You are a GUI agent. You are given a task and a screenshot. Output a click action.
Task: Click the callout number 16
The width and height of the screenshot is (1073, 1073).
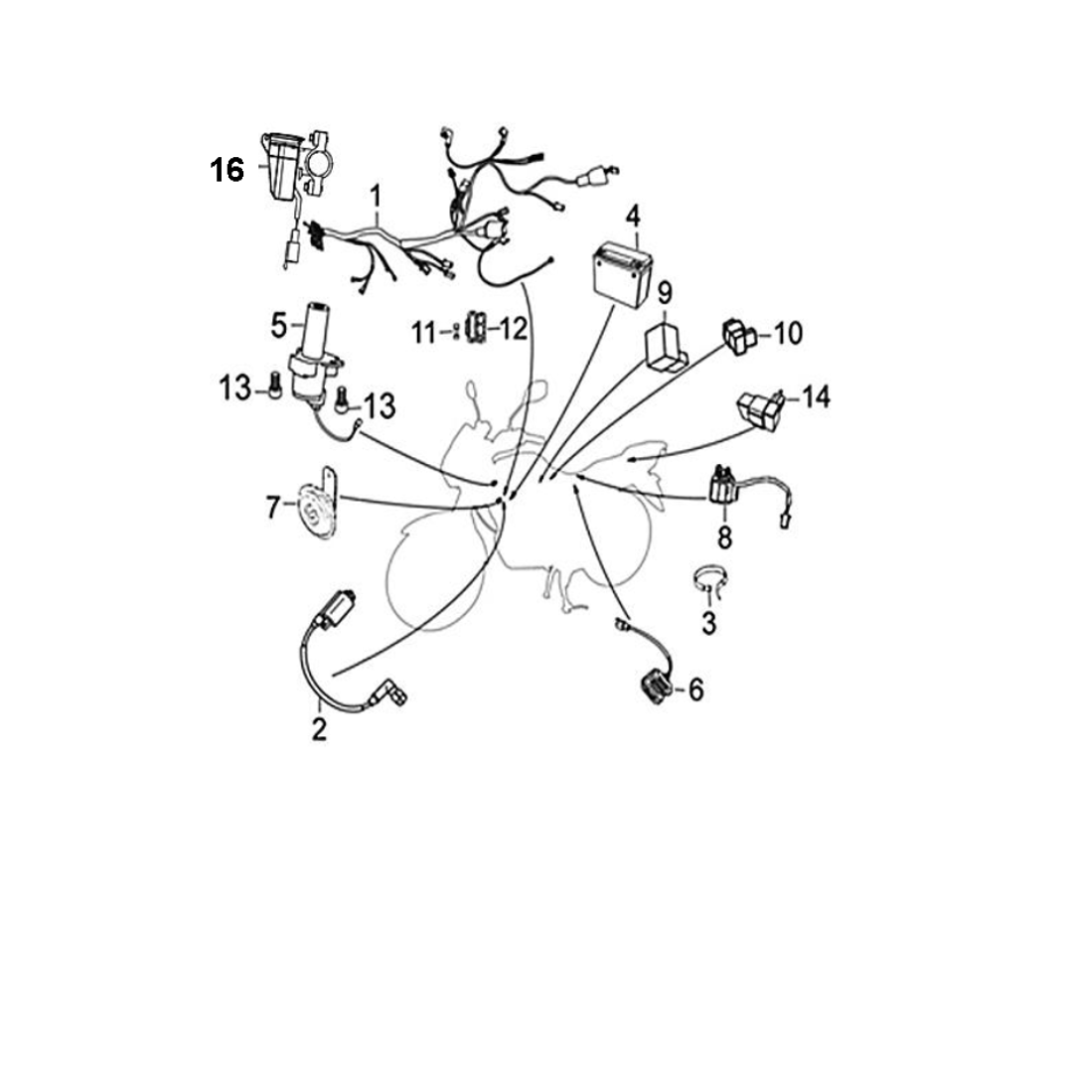point(227,170)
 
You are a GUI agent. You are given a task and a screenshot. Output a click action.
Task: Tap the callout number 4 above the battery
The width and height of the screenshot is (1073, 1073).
point(632,216)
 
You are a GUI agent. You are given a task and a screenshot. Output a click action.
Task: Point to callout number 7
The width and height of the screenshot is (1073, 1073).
point(273,508)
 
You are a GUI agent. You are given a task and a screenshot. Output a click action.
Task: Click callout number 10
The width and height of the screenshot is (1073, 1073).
point(787,334)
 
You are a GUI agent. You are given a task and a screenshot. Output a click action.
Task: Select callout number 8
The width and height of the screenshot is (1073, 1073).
point(724,538)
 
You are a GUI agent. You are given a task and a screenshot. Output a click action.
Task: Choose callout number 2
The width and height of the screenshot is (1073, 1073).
point(318,729)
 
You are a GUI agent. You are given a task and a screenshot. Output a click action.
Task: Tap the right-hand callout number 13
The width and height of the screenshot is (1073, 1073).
point(379,405)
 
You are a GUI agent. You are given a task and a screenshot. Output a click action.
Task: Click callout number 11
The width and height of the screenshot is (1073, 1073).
point(424,331)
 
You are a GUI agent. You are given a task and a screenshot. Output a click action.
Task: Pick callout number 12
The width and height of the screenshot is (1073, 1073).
point(513,329)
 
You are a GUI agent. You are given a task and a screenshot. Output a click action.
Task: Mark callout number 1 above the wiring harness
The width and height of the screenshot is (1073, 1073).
point(376,194)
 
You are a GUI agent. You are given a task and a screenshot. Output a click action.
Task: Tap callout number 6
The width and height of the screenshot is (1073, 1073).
point(695,689)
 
